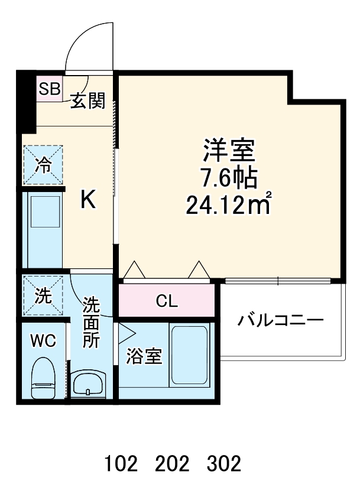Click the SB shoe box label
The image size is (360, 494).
49,89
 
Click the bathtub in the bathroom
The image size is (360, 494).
189,355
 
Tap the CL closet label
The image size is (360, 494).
167,301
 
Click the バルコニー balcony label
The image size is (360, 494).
281,321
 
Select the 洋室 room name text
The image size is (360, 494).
229,150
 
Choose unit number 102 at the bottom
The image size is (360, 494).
122,464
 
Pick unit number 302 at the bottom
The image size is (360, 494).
224,464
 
